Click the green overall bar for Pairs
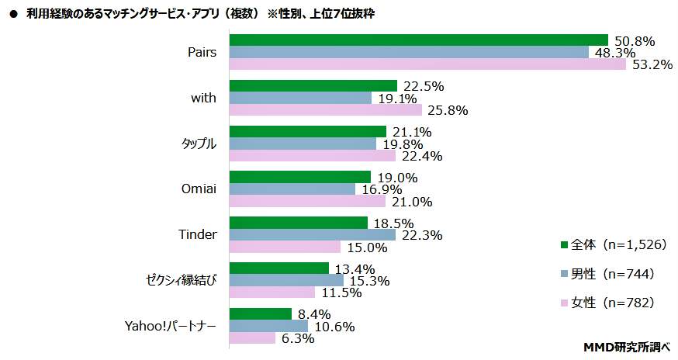419,40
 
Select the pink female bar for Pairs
427,64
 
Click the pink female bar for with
326,110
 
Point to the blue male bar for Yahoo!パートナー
268,326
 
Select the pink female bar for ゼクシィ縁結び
272,292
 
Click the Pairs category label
202,52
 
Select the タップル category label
199,144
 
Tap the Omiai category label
199,189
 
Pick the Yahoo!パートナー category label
170,326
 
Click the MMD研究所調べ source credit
626,347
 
